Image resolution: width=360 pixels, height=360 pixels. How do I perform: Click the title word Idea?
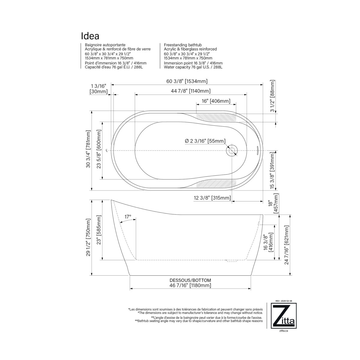tap(90, 36)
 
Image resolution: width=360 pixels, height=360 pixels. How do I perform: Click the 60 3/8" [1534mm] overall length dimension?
tap(187, 81)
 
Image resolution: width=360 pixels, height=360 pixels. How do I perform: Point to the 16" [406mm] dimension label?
tap(216, 101)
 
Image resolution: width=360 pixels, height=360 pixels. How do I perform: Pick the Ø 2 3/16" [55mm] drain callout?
tap(205, 141)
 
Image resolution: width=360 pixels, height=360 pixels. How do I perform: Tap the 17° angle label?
tap(128, 216)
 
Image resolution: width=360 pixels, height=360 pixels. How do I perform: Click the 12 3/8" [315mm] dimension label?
tap(212, 198)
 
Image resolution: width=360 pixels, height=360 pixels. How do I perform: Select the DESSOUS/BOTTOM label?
tap(190, 280)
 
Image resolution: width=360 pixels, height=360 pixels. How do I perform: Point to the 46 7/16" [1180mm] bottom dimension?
tap(190, 285)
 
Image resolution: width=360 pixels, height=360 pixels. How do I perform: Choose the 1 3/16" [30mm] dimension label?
tap(98, 89)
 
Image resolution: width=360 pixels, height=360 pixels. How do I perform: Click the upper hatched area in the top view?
tap(216, 117)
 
